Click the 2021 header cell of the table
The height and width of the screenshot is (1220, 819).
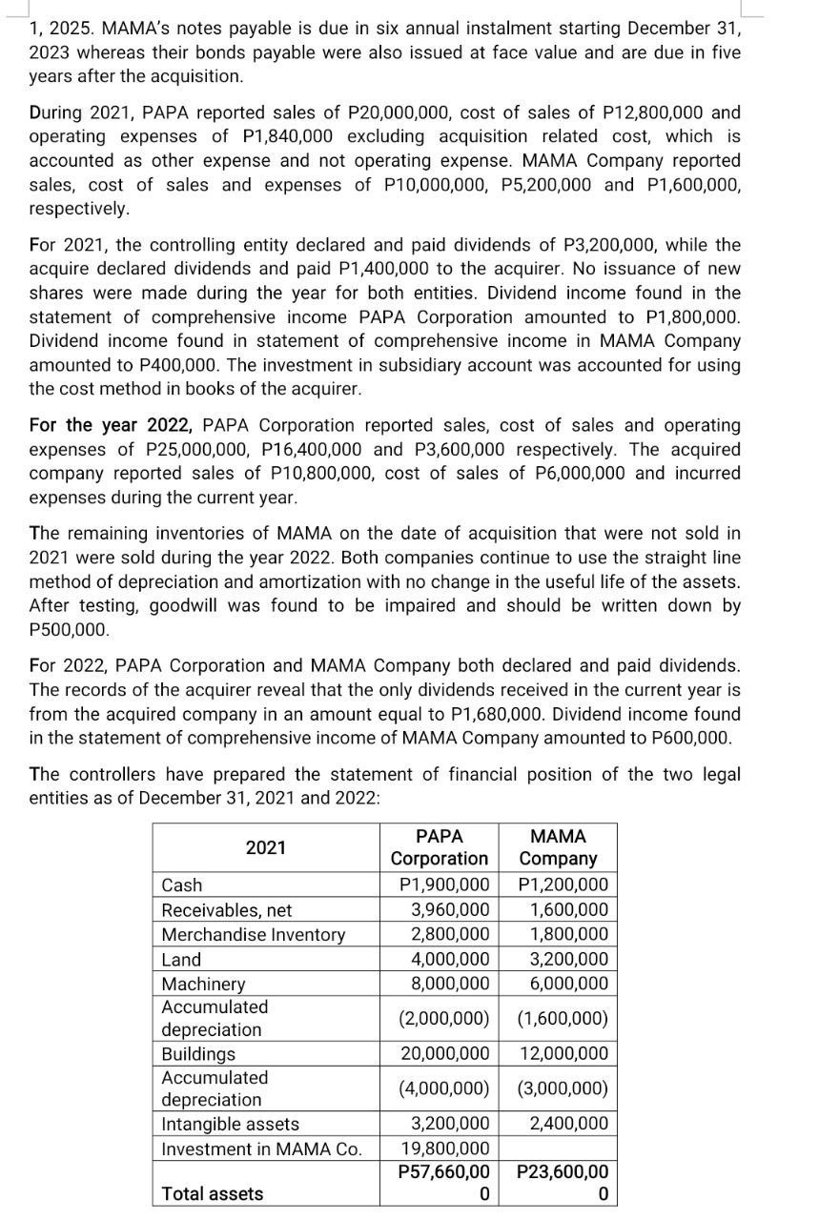pyautogui.click(x=266, y=847)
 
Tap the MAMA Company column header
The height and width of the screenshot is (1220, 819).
pyautogui.click(x=558, y=847)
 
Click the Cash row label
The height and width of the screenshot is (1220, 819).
pyautogui.click(x=182, y=885)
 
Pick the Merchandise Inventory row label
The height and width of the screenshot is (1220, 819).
pyautogui.click(x=253, y=935)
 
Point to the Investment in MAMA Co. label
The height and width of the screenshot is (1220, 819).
pyautogui.click(x=261, y=1149)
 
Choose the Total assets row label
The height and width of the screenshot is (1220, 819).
pyautogui.click(x=213, y=1193)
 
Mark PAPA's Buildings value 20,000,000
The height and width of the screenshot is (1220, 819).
pyautogui.click(x=444, y=1054)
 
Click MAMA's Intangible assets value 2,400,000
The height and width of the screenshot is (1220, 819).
pyautogui.click(x=568, y=1124)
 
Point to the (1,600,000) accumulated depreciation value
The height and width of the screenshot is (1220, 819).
pyautogui.click(x=563, y=1018)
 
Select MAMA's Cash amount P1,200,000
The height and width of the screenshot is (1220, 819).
pyautogui.click(x=563, y=885)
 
